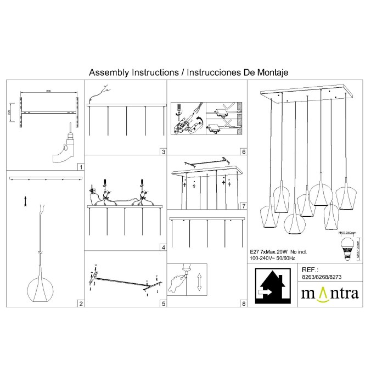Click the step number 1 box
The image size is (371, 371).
point(80,167)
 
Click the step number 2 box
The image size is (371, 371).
point(80,303)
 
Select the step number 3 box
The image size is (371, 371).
point(163,151)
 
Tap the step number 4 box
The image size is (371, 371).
point(163,248)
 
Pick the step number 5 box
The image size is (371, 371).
point(163,303)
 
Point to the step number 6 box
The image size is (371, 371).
point(243,151)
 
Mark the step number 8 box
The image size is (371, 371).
point(243,303)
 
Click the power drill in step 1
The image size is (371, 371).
point(65,145)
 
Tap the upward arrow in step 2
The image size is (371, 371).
point(25,201)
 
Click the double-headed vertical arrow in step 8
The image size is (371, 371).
point(200,282)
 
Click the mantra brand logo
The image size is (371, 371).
point(329,293)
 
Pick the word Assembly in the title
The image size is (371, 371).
point(107,72)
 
